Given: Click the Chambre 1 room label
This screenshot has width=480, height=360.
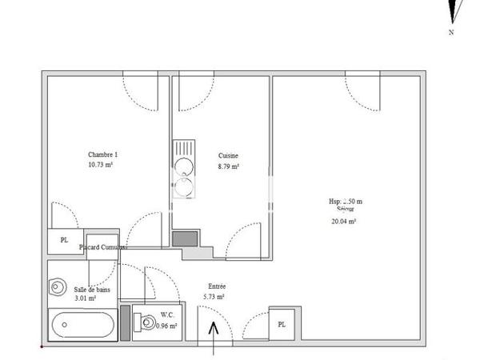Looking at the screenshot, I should click(102, 154).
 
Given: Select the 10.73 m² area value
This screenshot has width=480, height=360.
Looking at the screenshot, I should click(101, 165).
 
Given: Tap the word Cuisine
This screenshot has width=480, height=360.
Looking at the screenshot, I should click(229, 156).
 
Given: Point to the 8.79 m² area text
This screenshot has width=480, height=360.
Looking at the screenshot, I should click(230, 167).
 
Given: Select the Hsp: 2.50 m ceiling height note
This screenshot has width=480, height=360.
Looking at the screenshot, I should click(346, 202).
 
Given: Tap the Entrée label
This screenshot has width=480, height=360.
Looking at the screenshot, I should click(217, 286).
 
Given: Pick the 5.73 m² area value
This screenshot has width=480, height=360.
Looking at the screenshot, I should click(214, 297).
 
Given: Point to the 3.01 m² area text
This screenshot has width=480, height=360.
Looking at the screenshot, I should click(84, 298).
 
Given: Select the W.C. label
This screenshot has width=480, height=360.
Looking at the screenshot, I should click(166, 314).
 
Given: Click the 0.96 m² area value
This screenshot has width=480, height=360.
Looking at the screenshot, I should click(166, 326).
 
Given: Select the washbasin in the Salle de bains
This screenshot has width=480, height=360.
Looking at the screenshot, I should click(57, 285).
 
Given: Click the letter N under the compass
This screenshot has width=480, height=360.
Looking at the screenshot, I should click(452, 33).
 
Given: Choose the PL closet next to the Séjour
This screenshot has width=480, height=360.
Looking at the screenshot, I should click(282, 324).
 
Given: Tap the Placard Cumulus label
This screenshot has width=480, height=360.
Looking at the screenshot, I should click(103, 248).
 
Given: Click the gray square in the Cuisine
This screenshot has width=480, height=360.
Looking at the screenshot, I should click(185, 238).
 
